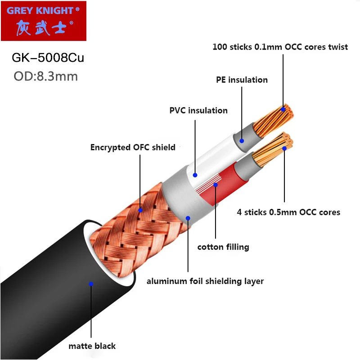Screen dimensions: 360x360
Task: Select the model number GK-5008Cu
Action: (x=47, y=58)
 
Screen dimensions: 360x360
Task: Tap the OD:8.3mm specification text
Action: (x=45, y=76)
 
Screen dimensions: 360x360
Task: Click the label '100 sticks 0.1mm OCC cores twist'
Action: (x=280, y=47)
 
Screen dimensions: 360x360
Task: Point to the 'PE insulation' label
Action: (x=241, y=80)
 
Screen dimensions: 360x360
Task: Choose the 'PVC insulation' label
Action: (x=198, y=110)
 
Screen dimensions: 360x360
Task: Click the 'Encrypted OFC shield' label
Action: (x=133, y=147)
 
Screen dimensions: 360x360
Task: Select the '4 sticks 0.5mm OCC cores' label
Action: (x=288, y=211)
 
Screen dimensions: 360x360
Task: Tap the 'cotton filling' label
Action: (x=223, y=247)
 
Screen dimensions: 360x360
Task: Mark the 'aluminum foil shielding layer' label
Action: (x=205, y=281)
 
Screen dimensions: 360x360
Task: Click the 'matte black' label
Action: (x=92, y=346)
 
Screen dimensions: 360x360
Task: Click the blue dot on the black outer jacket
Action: (x=91, y=284)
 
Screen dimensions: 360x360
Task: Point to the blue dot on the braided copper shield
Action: (x=140, y=210)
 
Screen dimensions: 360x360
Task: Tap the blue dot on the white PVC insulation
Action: (x=195, y=175)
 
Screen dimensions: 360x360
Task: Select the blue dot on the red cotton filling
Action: (x=216, y=184)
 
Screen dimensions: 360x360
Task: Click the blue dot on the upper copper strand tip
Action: (x=283, y=109)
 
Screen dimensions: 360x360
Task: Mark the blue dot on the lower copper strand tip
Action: (x=284, y=148)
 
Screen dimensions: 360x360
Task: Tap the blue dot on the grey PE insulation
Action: (x=242, y=140)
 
